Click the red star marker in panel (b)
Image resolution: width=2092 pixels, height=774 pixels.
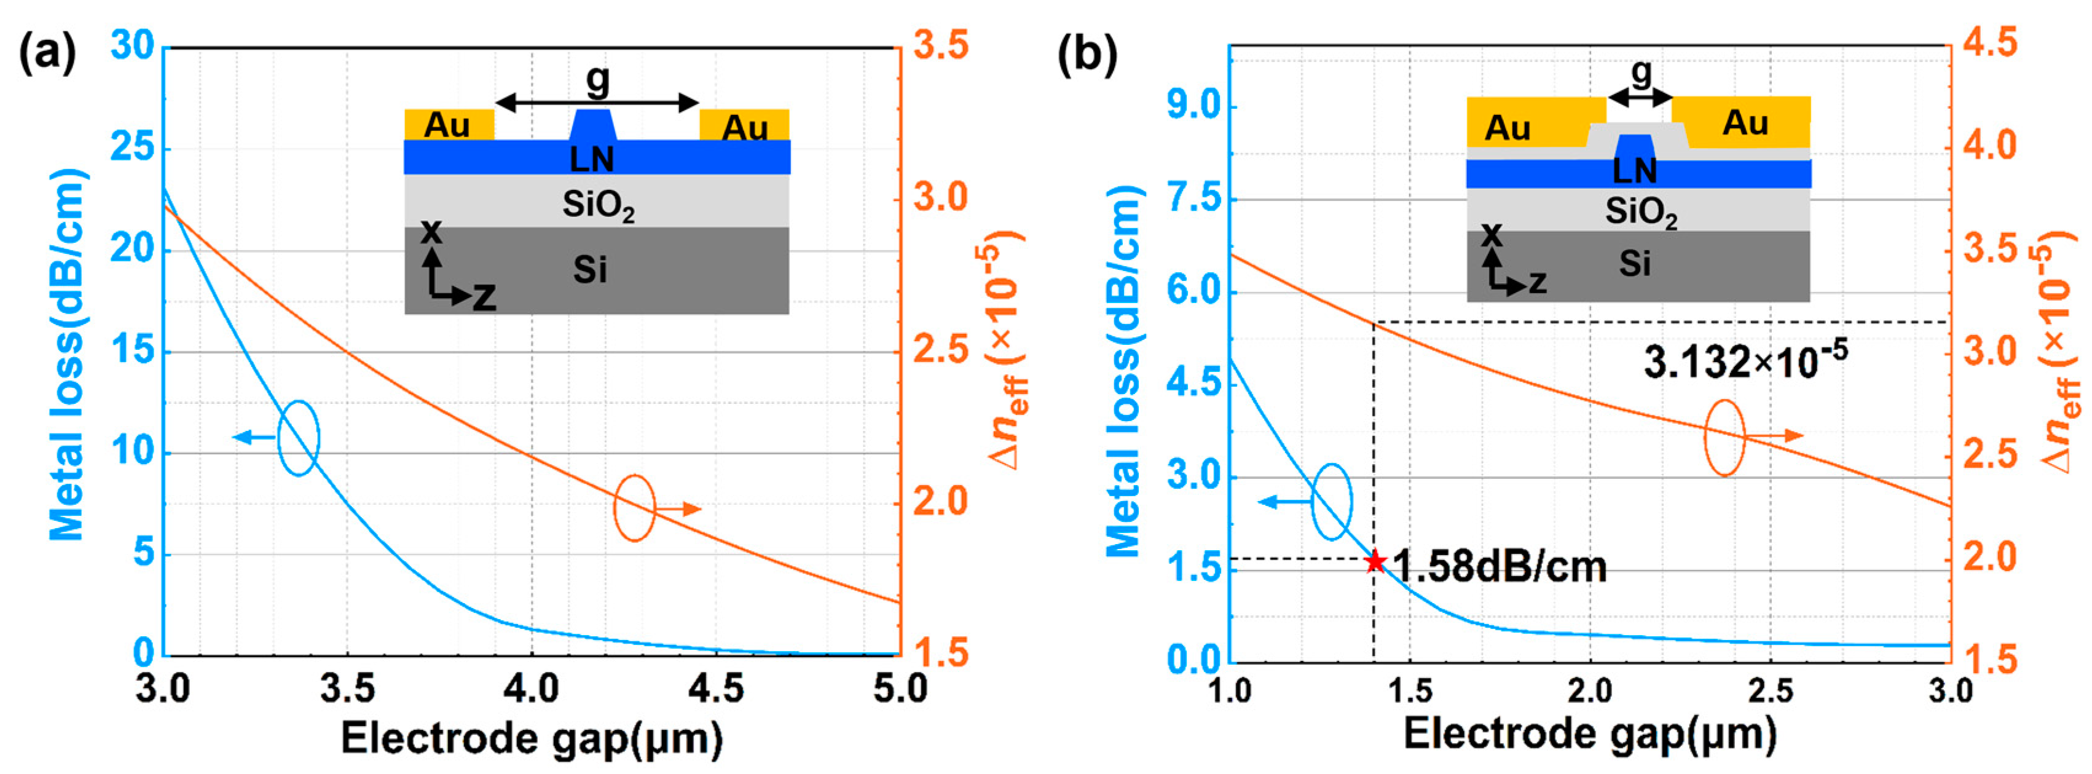1374,561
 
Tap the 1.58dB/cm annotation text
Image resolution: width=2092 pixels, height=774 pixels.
1499,566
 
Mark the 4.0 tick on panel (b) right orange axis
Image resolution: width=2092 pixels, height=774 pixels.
1990,146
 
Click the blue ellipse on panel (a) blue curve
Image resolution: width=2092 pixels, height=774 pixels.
298,438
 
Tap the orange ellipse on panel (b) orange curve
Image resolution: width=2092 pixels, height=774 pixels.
1723,437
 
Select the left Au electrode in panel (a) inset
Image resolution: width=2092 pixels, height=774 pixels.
448,124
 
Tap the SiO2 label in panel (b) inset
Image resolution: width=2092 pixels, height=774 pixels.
1640,212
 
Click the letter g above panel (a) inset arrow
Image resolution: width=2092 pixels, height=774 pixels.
597,78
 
